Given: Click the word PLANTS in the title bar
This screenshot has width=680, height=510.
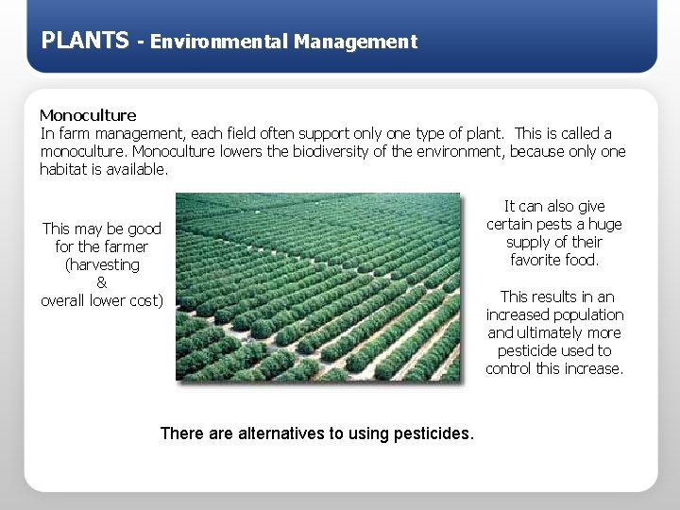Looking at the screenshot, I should tap(85, 41).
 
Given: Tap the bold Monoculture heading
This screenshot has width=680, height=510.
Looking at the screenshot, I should tap(88, 115).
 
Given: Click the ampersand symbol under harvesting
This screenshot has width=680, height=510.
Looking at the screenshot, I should tap(102, 282).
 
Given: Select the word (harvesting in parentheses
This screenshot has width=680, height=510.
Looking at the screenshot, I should tap(102, 264).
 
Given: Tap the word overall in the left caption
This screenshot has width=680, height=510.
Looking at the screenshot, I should tap(66, 300).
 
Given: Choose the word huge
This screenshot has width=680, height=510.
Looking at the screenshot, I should tap(605, 224).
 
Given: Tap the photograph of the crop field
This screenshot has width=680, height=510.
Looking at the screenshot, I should tap(318, 287).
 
